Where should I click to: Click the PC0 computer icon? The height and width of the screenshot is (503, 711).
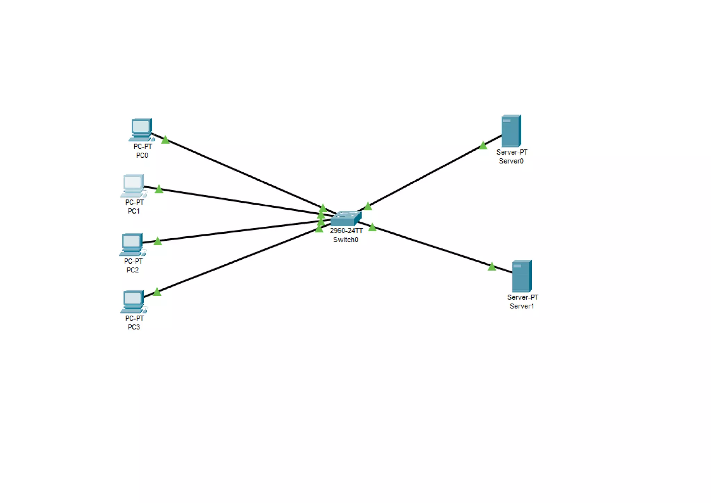pyautogui.click(x=141, y=129)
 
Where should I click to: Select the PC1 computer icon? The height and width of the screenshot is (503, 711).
pyautogui.click(x=133, y=185)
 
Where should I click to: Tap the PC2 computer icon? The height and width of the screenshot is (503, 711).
pyautogui.click(x=132, y=244)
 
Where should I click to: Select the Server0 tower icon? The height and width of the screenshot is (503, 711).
pyautogui.click(x=511, y=131)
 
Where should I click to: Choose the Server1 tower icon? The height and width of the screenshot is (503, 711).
pyautogui.click(x=522, y=276)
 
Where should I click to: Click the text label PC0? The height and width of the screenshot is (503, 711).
pyautogui.click(x=142, y=155)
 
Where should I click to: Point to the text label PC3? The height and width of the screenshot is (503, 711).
pyautogui.click(x=134, y=327)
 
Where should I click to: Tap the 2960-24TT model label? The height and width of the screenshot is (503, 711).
pyautogui.click(x=346, y=231)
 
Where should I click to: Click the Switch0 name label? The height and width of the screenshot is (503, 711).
pyautogui.click(x=345, y=240)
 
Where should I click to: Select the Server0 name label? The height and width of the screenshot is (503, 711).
pyautogui.click(x=511, y=161)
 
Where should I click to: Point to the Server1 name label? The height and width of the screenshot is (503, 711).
pyautogui.click(x=521, y=306)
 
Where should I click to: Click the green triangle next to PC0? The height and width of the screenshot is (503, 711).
pyautogui.click(x=165, y=140)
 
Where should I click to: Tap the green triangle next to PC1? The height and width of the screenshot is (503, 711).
pyautogui.click(x=159, y=189)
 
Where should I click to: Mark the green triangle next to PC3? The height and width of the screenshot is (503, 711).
pyautogui.click(x=157, y=292)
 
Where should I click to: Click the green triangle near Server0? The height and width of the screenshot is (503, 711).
pyautogui.click(x=483, y=146)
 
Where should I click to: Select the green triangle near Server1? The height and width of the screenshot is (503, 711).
pyautogui.click(x=492, y=267)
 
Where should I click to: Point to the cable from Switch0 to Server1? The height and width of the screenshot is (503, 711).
pyautogui.click(x=434, y=247)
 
